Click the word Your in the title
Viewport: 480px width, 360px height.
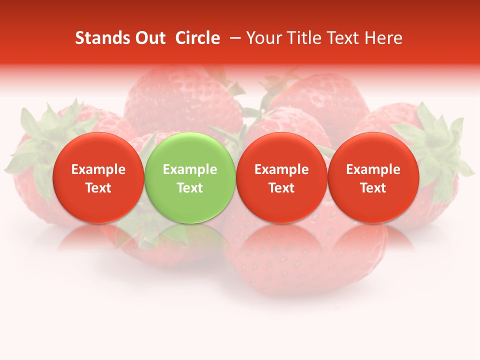pyautogui.click(x=263, y=38)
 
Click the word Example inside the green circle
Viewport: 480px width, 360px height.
pyautogui.click(x=189, y=169)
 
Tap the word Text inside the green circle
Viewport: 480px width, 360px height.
pyautogui.click(x=189, y=188)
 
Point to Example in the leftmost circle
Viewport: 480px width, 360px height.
pyautogui.click(x=98, y=169)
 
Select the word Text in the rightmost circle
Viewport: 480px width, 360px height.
pyautogui.click(x=373, y=188)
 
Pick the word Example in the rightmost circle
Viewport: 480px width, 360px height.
pyautogui.click(x=373, y=169)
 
